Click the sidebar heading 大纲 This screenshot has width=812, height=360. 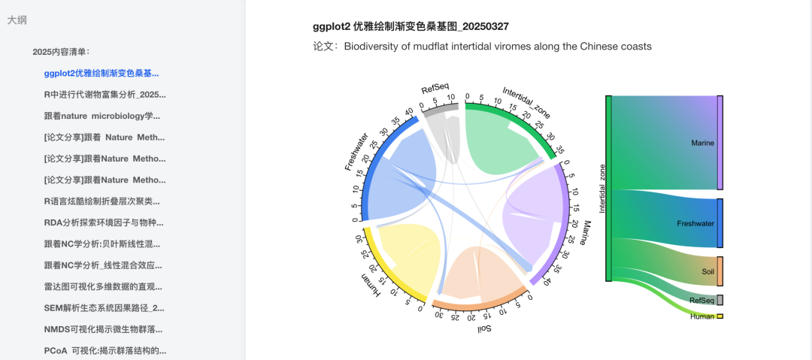pyautogui.click(x=17, y=21)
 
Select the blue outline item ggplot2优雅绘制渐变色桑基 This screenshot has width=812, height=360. pyautogui.click(x=101, y=74)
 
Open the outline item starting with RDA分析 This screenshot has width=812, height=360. pyautogui.click(x=104, y=222)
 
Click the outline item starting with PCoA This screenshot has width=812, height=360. pyautogui.click(x=105, y=350)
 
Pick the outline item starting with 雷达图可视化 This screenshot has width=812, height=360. pyautogui.click(x=102, y=286)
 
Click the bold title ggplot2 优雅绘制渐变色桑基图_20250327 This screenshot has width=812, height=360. pyautogui.click(x=411, y=26)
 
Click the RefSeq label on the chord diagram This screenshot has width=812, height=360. pyautogui.click(x=435, y=89)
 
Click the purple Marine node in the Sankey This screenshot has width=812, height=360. pyautogui.click(x=720, y=143)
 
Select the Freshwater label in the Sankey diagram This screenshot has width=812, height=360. pyautogui.click(x=695, y=223)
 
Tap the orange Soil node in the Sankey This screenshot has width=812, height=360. pyautogui.click(x=720, y=271)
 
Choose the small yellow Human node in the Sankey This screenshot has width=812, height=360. pyautogui.click(x=720, y=316)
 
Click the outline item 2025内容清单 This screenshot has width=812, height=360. pyautogui.click(x=61, y=52)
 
